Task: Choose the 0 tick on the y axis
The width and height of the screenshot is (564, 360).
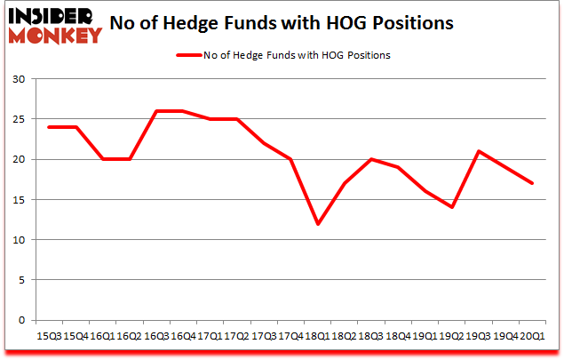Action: tap(20, 320)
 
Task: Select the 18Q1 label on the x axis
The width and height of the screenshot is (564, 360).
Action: tap(317, 335)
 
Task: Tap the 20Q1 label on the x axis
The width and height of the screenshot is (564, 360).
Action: tap(533, 335)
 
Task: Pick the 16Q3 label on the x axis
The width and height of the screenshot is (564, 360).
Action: tap(155, 335)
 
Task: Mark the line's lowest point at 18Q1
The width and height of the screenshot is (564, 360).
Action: tap(317, 223)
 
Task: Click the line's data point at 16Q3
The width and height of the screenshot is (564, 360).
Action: tap(155, 111)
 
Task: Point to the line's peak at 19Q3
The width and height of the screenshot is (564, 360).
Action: tap(480, 151)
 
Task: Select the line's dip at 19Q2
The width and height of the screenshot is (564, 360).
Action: tap(452, 207)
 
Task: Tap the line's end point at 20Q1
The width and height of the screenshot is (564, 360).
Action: tap(533, 183)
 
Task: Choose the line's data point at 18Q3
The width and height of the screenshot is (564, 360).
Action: tap(371, 159)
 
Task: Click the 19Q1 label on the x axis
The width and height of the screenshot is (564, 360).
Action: tap(425, 335)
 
